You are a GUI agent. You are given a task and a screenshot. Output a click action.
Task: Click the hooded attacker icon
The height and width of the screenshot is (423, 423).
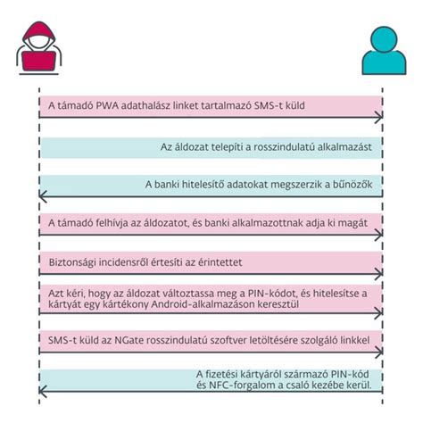pyautogui.click(x=38, y=47)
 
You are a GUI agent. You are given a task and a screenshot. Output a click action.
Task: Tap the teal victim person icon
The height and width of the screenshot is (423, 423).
pyautogui.click(x=384, y=51)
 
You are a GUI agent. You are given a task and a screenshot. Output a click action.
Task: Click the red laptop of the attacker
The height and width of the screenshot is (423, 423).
pyautogui.click(x=38, y=62)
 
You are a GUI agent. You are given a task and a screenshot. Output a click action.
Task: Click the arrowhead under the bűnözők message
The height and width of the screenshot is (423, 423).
pyautogui.click(x=43, y=196)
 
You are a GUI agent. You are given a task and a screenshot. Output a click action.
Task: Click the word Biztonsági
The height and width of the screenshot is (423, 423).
pyautogui.click(x=72, y=262)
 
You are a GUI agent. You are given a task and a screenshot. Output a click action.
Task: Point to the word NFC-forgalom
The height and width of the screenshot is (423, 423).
pyautogui.click(x=242, y=386)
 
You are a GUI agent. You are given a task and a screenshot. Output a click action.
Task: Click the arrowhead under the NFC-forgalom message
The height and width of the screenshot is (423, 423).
pyautogui.click(x=43, y=391)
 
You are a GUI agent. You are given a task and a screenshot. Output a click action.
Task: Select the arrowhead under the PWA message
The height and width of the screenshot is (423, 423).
pyautogui.click(x=378, y=117)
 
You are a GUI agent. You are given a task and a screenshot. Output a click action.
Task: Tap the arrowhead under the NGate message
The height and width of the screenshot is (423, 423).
pyautogui.click(x=378, y=352)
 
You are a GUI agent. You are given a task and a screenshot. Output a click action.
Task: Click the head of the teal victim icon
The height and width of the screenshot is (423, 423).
pyautogui.click(x=384, y=39)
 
